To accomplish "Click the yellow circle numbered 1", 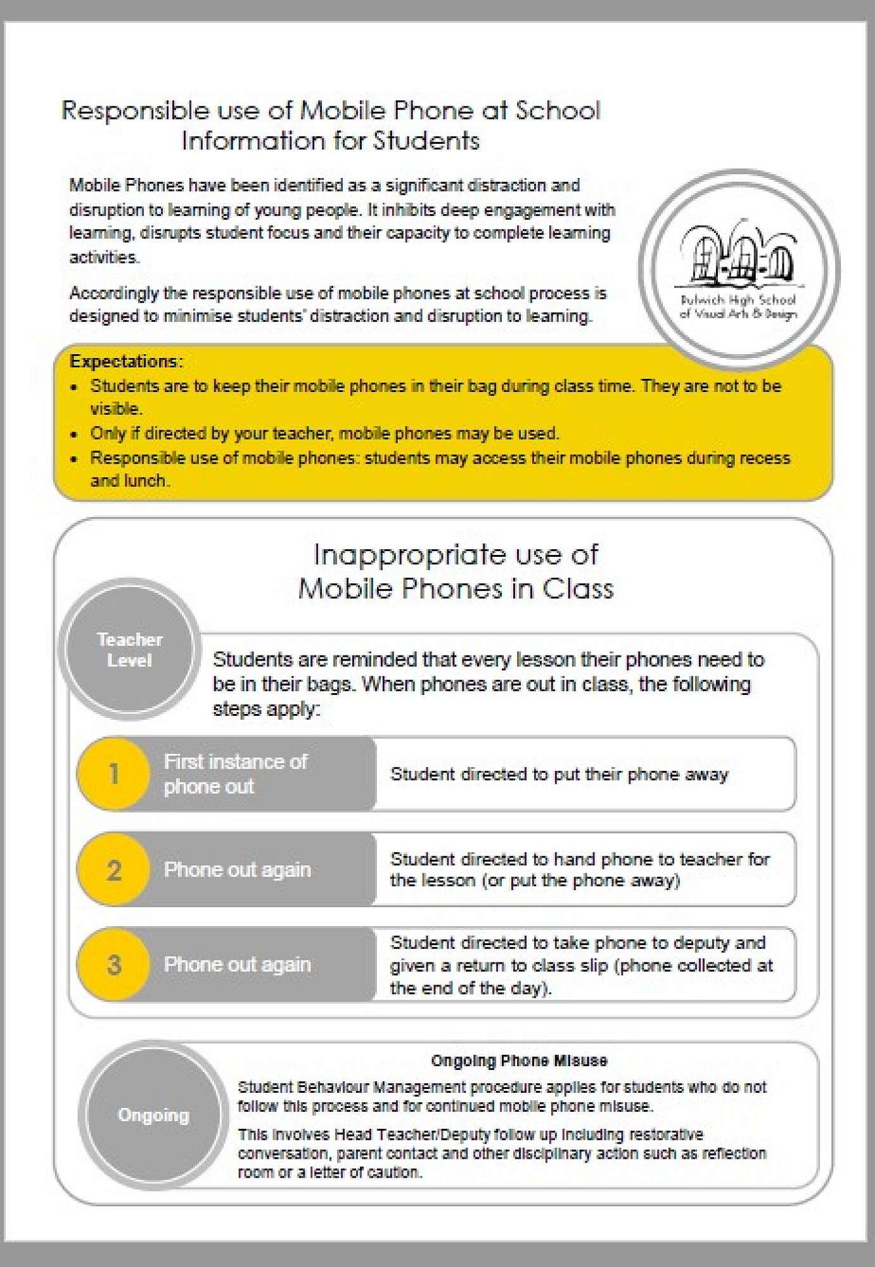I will [113, 774].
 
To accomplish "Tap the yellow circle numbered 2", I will [113, 870].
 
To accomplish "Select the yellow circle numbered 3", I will [113, 965].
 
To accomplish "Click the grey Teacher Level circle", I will [130, 649].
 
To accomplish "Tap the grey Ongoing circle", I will [153, 1115].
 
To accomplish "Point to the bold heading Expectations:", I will [126, 361].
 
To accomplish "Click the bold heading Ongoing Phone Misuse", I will [519, 1060].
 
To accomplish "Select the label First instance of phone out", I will [235, 774].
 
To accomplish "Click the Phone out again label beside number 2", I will [237, 870].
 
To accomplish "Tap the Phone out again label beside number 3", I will [237, 965].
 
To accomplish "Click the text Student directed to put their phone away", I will [559, 774].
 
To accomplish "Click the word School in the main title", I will [557, 111].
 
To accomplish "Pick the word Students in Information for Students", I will [426, 141].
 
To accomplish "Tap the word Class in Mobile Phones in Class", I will [578, 589].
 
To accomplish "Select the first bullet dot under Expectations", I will [75, 386].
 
